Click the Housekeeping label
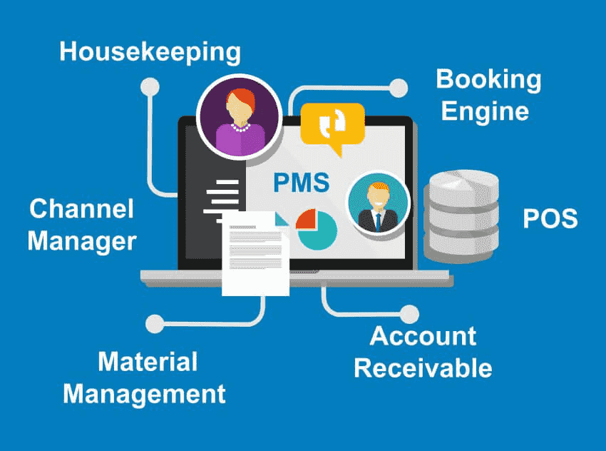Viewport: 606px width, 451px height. point(150,51)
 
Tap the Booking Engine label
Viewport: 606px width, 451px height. point(488,95)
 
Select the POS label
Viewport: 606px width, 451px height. point(550,218)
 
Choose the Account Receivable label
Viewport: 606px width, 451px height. point(423,352)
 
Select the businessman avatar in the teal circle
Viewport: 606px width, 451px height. point(377,202)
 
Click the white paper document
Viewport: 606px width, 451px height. point(255,253)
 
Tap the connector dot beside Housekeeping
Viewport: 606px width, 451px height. point(150,86)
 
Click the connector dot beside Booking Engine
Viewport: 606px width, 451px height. point(399,88)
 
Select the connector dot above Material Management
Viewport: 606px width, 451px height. point(153,323)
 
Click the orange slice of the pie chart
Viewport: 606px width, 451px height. point(306,219)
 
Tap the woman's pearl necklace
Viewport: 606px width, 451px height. point(238,128)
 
